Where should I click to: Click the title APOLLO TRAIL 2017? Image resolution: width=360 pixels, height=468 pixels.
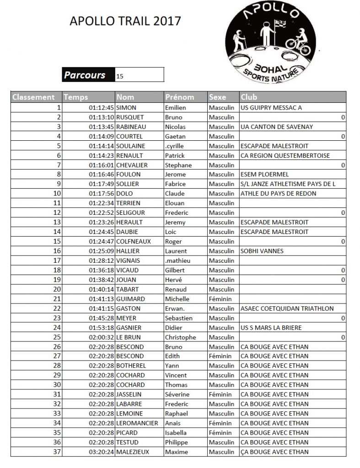point(124,21)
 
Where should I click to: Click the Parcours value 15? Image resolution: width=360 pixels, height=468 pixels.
point(120,76)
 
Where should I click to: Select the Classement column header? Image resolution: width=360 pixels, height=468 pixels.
point(34,97)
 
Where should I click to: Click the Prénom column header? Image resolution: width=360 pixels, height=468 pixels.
point(180,97)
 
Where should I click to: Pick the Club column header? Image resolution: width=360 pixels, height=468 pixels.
point(249,97)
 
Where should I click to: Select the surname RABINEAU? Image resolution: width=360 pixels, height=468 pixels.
point(131,127)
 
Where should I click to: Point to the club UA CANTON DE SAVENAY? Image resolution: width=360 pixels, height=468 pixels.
point(276,127)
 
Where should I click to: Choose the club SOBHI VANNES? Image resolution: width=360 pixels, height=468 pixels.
point(262,251)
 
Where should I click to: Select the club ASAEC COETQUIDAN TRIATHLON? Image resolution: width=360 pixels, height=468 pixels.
point(286,308)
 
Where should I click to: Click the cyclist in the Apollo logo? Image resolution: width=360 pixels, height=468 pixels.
point(299,39)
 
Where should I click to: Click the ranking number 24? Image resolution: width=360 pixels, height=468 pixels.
point(57,328)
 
